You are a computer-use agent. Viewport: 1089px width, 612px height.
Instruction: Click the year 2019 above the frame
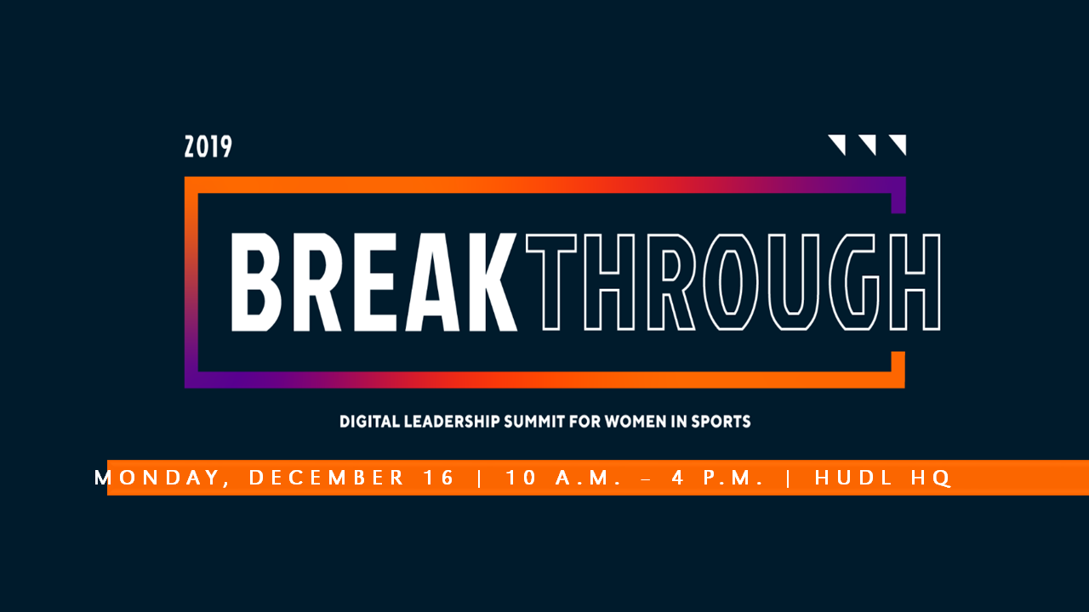tap(208, 147)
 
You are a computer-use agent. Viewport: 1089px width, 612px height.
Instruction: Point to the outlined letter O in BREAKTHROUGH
tap(731, 282)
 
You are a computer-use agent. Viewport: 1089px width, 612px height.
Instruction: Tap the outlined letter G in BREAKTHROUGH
tap(854, 282)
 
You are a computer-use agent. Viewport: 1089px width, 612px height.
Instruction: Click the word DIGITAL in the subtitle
tap(369, 421)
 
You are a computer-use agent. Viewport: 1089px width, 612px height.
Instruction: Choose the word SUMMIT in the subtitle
tap(535, 421)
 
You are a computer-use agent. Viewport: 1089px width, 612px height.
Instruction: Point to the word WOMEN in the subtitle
tap(636, 421)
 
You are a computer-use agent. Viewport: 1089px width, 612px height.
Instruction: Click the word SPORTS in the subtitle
tap(721, 421)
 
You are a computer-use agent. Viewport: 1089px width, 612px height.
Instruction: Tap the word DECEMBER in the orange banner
tap(326, 478)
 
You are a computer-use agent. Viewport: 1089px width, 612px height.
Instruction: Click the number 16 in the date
tap(438, 478)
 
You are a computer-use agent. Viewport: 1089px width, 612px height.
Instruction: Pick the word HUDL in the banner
tap(853, 478)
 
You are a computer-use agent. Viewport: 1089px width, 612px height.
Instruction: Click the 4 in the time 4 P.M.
tap(678, 478)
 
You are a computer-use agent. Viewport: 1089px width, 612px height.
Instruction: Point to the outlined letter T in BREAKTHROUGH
tap(550, 282)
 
